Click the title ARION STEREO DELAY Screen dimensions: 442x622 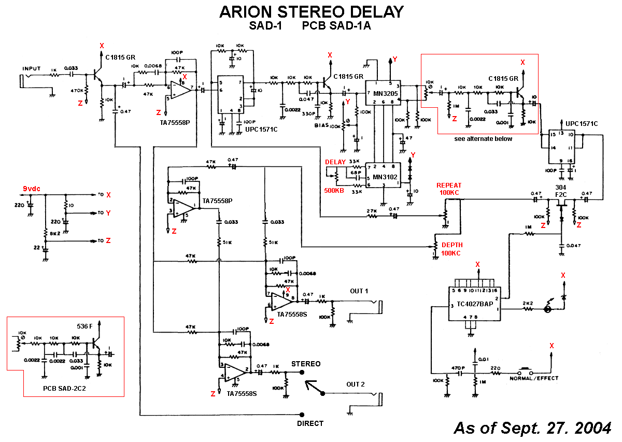(311, 12)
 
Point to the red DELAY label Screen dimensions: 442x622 (335, 162)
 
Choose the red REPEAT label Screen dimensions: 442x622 (448, 186)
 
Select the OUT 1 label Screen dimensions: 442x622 (359, 291)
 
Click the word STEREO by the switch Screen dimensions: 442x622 (306, 364)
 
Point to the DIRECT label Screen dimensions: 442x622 (310, 423)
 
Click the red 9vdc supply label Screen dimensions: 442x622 (31, 188)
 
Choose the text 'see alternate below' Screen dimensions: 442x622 (483, 138)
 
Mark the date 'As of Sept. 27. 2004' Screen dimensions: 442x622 (532, 428)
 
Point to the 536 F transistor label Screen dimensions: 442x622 (84, 326)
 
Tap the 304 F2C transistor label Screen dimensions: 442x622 (561, 190)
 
